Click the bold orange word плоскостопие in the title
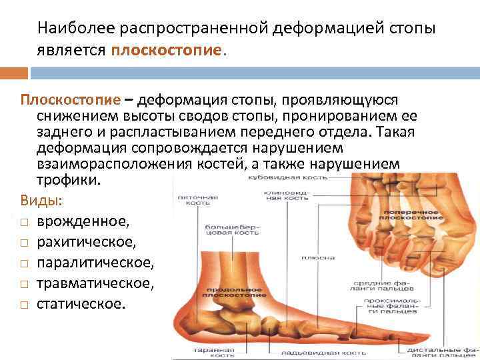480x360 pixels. (x=169, y=51)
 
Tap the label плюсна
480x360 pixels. (x=308, y=257)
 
